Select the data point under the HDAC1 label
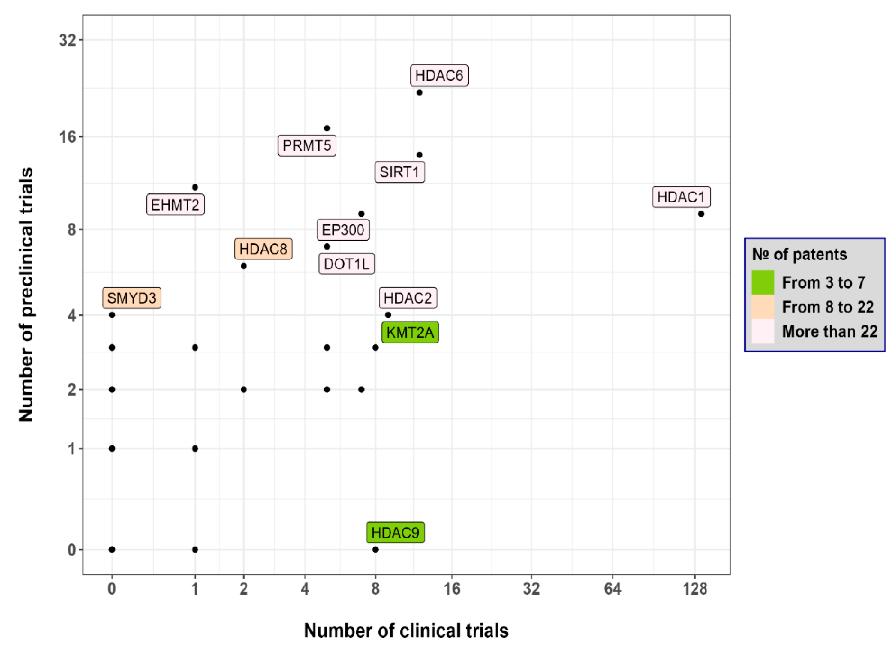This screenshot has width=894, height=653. coord(701,214)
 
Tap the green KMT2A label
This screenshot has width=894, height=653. coord(410,332)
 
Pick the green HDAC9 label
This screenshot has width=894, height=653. coord(395,533)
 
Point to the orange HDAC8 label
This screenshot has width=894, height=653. coord(263,249)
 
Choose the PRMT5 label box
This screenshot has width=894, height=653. coord(306,146)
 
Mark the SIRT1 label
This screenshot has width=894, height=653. coord(399,172)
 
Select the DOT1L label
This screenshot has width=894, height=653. coord(346,264)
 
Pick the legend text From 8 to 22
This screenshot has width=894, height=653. coord(828,307)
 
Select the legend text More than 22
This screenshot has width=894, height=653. coord(829,331)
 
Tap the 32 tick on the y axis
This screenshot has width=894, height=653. coord(67,40)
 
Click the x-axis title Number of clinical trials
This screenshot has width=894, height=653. coord(406,631)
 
